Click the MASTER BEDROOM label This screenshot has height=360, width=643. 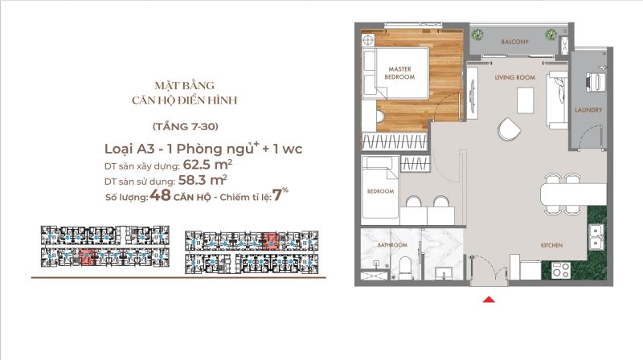tap(399, 73)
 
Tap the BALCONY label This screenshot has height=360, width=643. tap(514, 42)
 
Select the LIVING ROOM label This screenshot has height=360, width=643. tap(514, 77)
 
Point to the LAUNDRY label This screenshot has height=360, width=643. tap(588, 110)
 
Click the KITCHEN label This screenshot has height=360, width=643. tap(551, 245)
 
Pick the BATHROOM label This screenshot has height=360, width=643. tap(392, 245)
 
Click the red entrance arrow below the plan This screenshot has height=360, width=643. tap(489, 300)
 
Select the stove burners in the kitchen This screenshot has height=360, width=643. tap(560, 270)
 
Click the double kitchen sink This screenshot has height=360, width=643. tap(596, 237)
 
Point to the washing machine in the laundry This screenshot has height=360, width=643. tap(595, 82)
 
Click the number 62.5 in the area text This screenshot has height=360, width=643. tap(196, 165)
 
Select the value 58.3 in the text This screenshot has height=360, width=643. tap(191, 180)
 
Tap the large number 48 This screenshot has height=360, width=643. tap(160, 195)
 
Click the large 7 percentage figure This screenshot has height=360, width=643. tap(277, 195)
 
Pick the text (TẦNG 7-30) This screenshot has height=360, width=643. tap(186, 126)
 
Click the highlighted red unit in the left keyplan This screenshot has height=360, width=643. tap(87, 257)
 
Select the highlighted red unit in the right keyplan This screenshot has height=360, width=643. tap(271, 241)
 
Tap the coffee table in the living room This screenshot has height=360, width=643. tap(526, 100)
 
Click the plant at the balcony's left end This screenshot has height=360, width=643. tap(477, 35)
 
